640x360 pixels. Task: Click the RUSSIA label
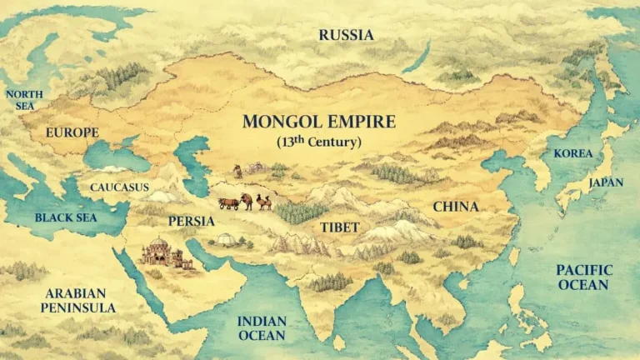coord(347,35)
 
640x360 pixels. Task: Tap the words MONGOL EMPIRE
coord(318,122)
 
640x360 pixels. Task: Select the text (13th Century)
coord(318,142)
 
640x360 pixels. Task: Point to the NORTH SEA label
coord(24,100)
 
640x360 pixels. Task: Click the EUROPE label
coord(72,132)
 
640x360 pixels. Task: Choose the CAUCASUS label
coord(119,187)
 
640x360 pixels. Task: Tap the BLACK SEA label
coord(65,218)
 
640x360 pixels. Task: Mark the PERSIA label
coord(191,222)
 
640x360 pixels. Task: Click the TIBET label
coord(340,227)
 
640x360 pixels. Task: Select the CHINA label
coord(455,207)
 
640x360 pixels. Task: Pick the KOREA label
coord(573,154)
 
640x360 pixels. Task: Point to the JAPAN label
coord(606,182)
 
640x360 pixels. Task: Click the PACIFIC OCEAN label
coord(583,277)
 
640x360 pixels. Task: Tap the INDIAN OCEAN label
coord(262,328)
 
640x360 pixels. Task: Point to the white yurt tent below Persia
coord(227,241)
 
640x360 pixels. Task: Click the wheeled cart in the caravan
coord(227,202)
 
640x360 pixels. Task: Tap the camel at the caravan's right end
coord(263,202)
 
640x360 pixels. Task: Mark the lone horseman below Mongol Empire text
coord(237,171)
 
